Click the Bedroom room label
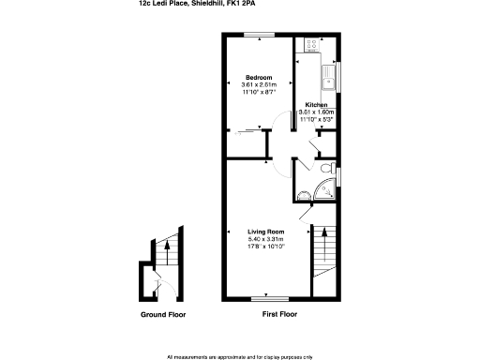point(259,77)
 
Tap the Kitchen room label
point(316,105)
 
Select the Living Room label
point(265,232)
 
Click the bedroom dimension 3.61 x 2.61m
point(259,84)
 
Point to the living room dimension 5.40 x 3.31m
point(265,239)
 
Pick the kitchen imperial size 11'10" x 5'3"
point(316,119)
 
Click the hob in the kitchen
point(309,44)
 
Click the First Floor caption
point(279,314)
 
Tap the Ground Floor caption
point(163,314)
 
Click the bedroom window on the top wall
point(259,35)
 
